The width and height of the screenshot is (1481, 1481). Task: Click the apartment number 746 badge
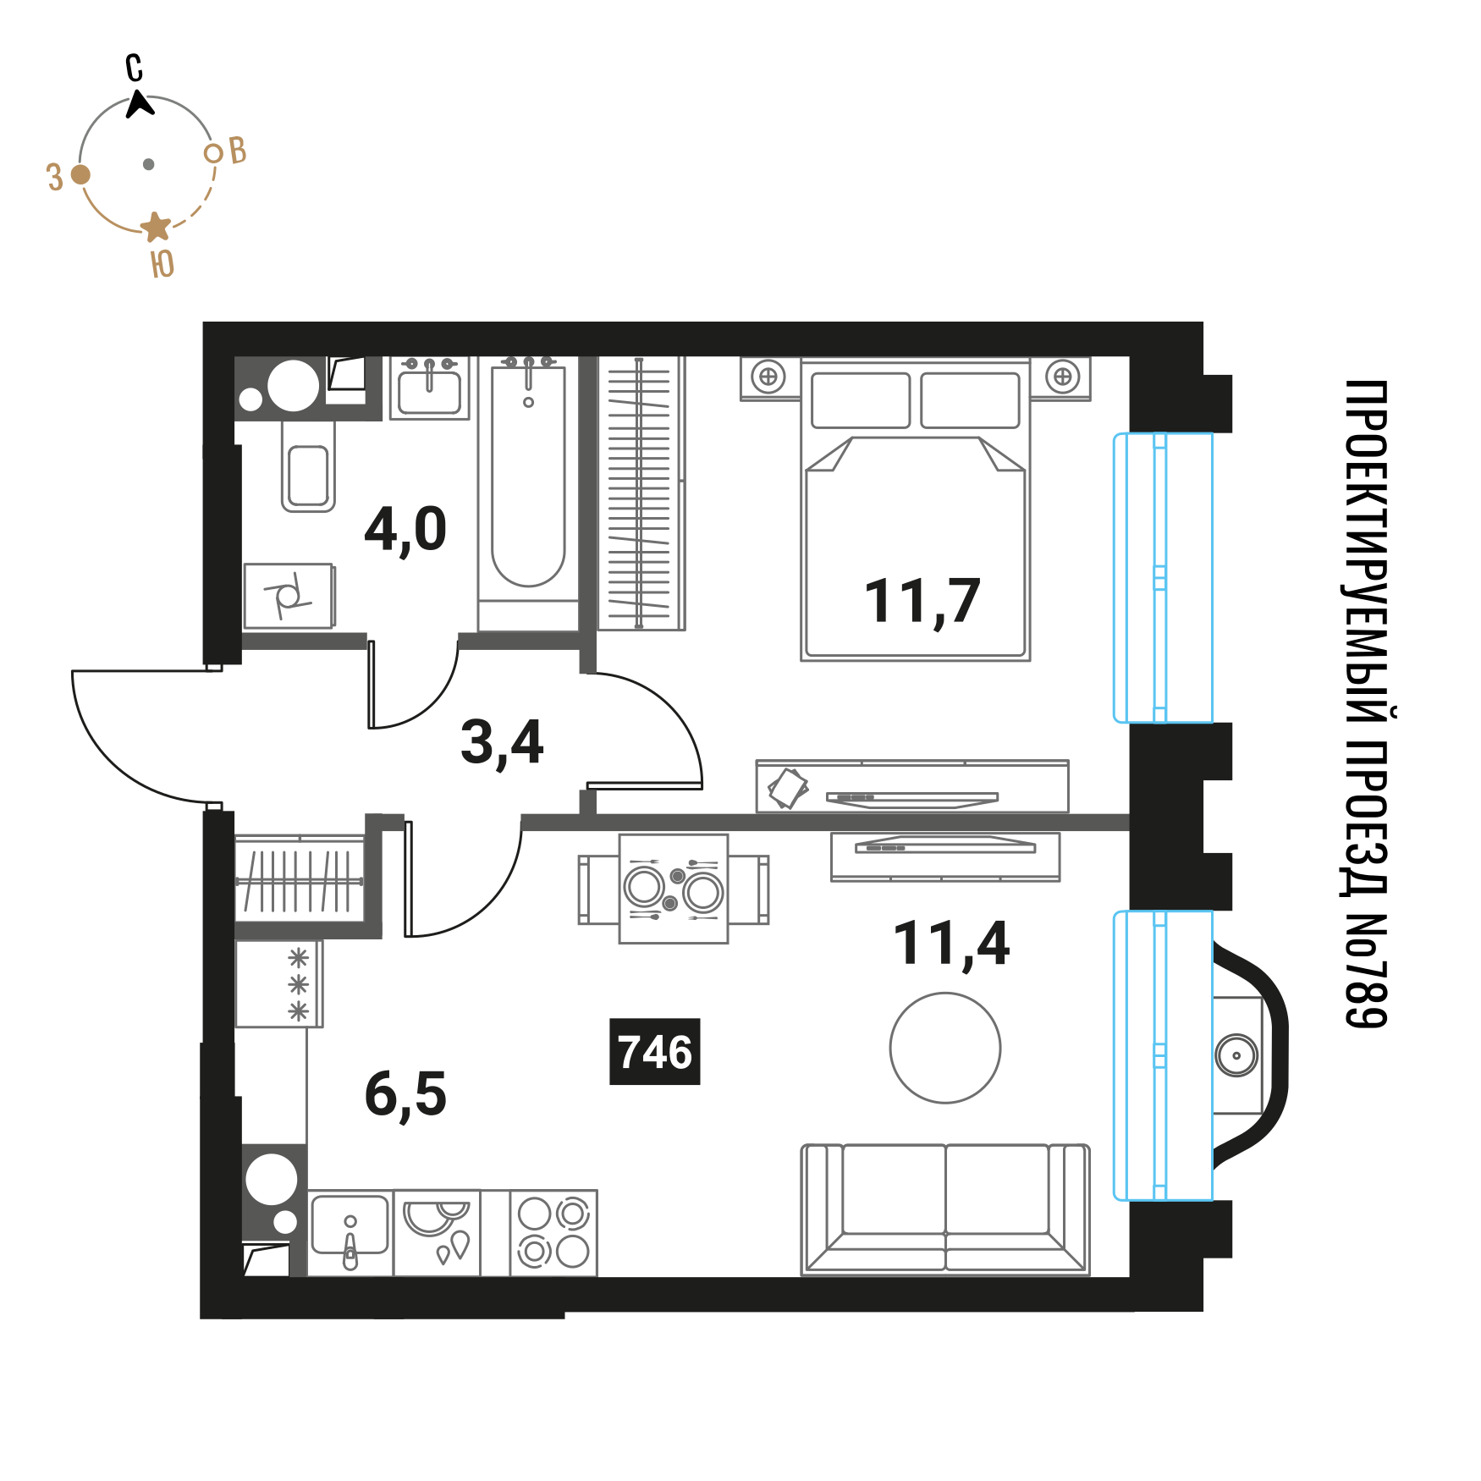pyautogui.click(x=655, y=1052)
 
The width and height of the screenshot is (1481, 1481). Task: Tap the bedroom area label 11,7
pyautogui.click(x=922, y=602)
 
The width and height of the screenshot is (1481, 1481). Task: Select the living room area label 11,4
pyautogui.click(x=951, y=944)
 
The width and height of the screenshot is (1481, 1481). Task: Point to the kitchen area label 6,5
pyautogui.click(x=405, y=1094)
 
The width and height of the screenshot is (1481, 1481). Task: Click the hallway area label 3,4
pyautogui.click(x=502, y=742)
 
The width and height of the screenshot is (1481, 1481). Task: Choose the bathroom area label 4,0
pyautogui.click(x=405, y=530)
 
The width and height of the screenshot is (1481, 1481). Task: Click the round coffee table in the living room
pyautogui.click(x=945, y=1048)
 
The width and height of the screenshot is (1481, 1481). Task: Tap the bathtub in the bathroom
pyautogui.click(x=528, y=494)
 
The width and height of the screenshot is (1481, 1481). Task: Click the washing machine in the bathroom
pyautogui.click(x=289, y=596)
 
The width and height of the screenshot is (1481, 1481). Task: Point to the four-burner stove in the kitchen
pyautogui.click(x=553, y=1232)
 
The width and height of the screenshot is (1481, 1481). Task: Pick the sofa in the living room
pyautogui.click(x=945, y=1209)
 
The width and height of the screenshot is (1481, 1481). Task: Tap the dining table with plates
pyautogui.click(x=674, y=889)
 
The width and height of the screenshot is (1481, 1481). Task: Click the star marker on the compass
pyautogui.click(x=156, y=227)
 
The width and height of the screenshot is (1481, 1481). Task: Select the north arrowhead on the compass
pyautogui.click(x=140, y=104)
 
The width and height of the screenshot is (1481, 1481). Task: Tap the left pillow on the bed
pyautogui.click(x=861, y=400)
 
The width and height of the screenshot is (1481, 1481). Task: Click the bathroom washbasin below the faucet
pyautogui.click(x=430, y=393)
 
